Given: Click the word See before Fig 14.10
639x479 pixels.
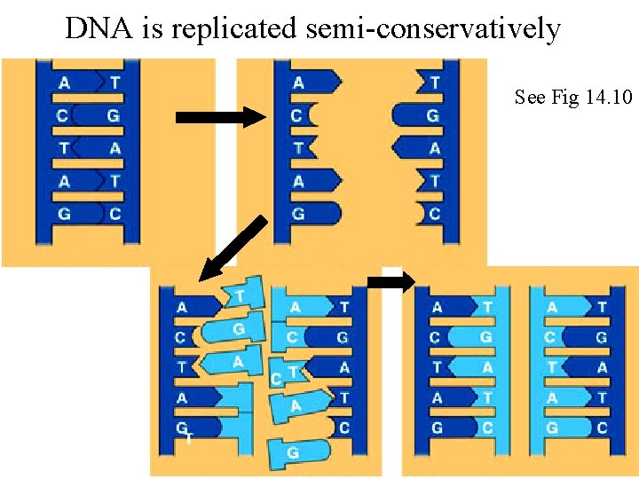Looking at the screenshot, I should (531, 97).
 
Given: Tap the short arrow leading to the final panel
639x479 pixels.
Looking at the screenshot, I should (390, 282).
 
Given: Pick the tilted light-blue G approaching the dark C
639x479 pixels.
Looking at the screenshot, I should (234, 329).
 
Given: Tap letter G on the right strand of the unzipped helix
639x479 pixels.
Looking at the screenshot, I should (432, 116).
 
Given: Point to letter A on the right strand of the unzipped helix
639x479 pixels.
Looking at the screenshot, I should (434, 149).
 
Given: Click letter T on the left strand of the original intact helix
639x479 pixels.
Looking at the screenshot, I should (65, 149).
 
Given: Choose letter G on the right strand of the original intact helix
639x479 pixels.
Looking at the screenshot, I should (114, 116).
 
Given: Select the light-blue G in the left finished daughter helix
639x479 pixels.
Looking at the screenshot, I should (485, 338).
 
